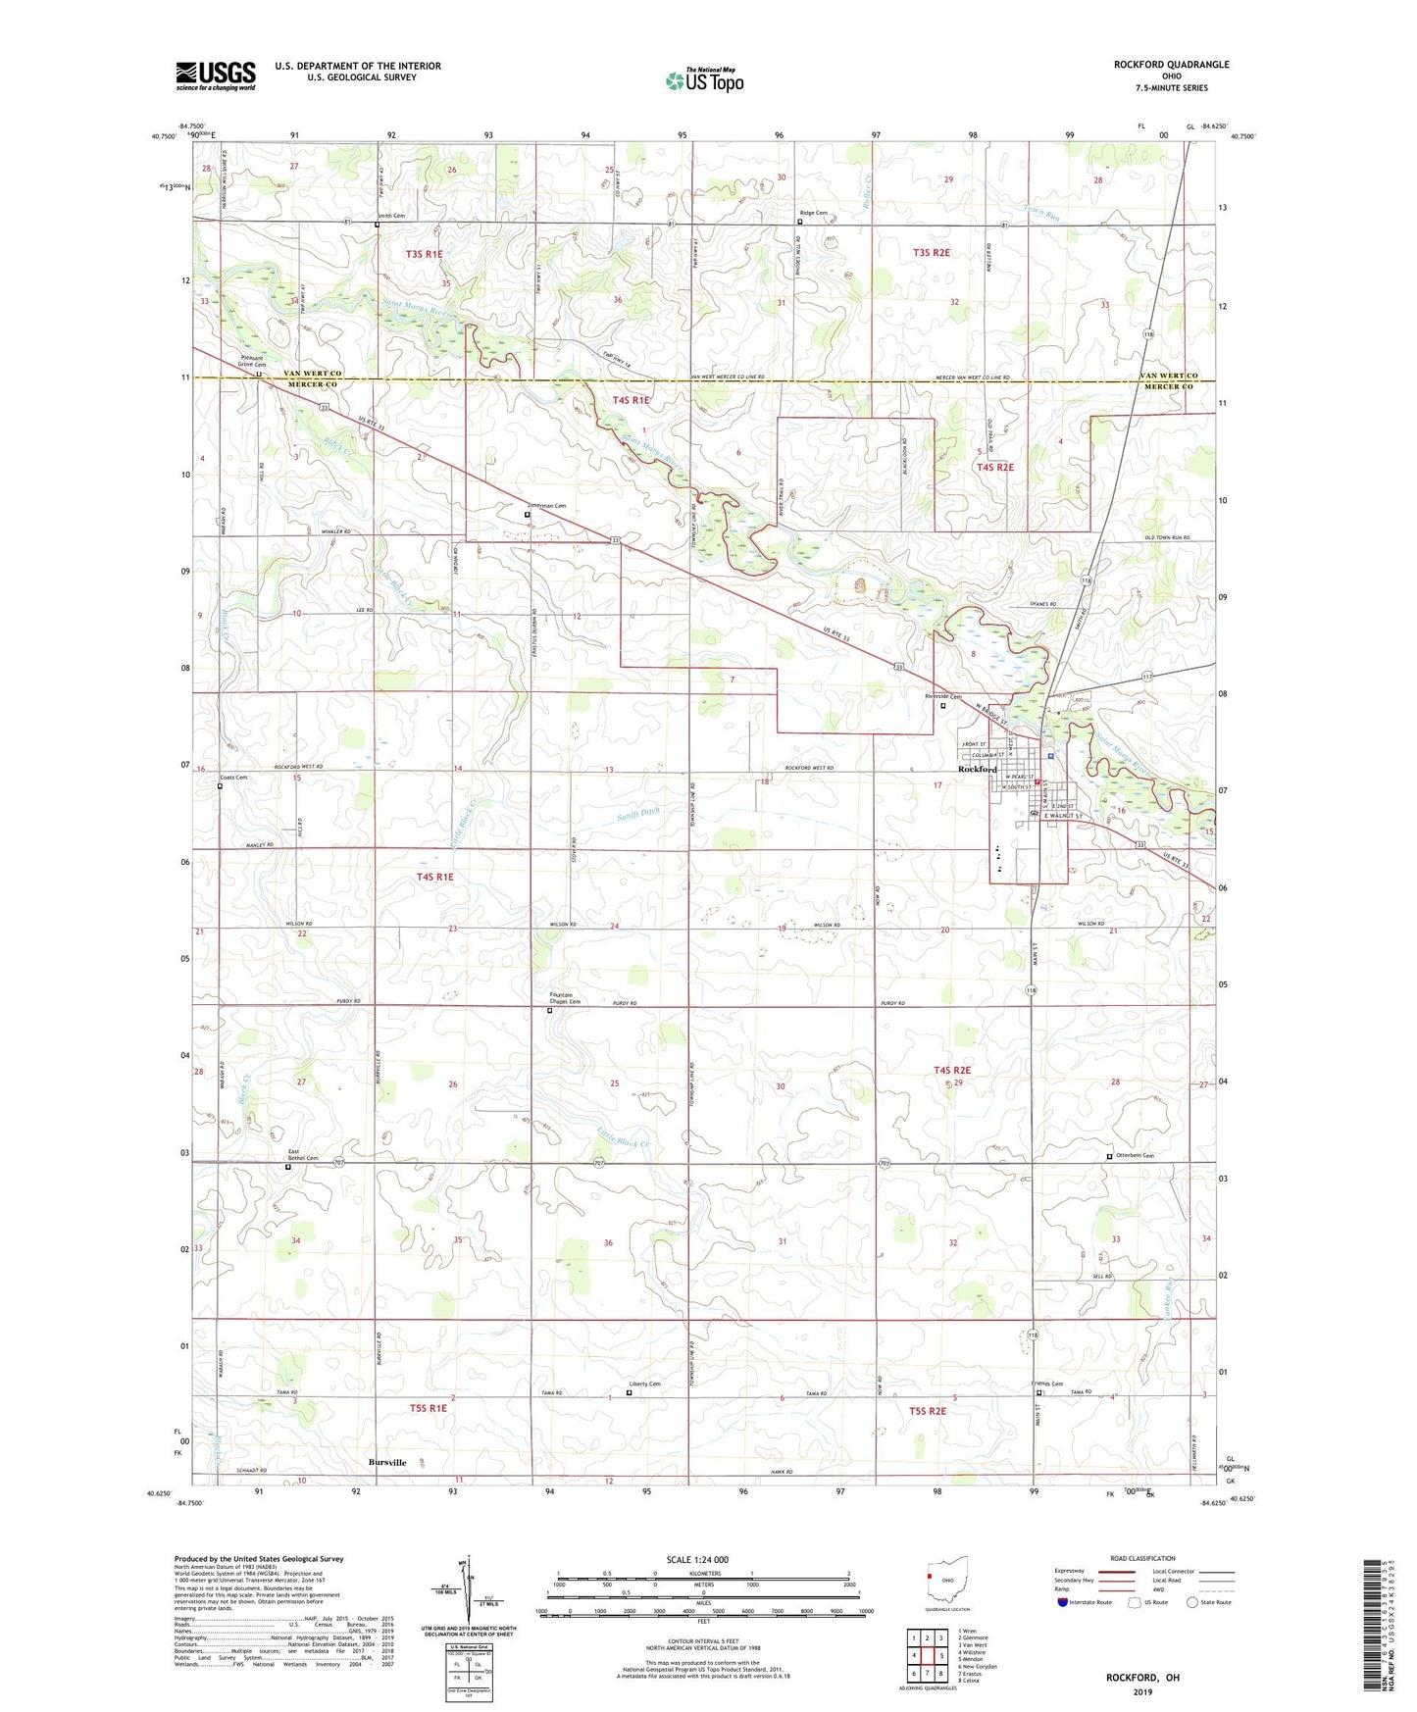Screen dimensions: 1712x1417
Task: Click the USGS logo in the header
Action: (216, 76)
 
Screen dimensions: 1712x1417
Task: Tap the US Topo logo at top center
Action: (703, 80)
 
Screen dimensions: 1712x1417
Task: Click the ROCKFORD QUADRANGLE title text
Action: (1171, 65)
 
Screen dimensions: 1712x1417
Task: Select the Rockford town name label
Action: (977, 770)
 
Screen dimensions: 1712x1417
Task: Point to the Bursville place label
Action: (387, 1462)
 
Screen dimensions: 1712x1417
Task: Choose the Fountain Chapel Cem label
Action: (565, 998)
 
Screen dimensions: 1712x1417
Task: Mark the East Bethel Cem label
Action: (302, 1154)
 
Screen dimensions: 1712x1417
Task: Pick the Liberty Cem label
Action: (644, 1385)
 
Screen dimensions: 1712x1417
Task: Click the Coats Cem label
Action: (233, 778)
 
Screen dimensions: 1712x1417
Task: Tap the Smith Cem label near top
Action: (392, 216)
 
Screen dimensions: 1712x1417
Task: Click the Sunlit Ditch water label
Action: (639, 813)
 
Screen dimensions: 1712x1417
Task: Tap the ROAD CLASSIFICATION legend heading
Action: (1142, 1558)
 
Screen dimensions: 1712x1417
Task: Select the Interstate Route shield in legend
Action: (1065, 1603)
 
